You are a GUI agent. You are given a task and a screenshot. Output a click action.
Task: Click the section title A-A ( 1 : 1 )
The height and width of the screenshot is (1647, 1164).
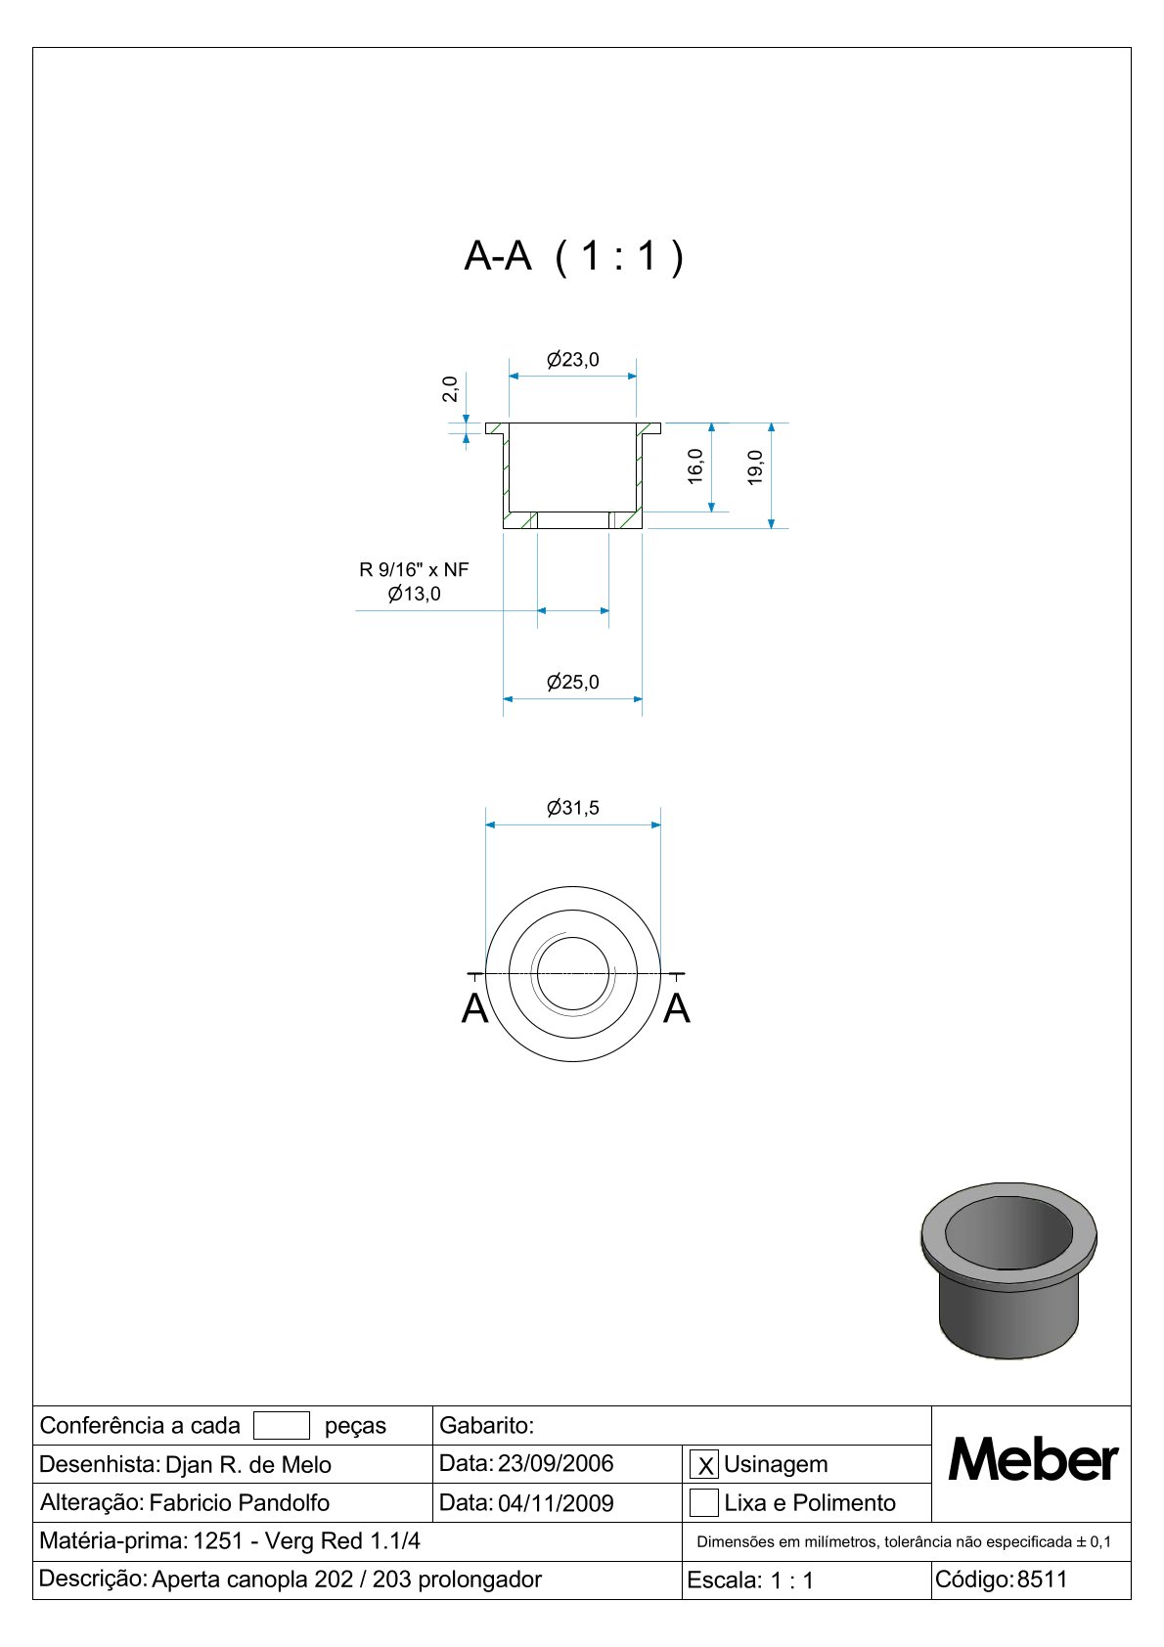573,256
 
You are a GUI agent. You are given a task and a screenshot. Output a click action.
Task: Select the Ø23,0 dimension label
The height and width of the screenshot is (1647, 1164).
573,360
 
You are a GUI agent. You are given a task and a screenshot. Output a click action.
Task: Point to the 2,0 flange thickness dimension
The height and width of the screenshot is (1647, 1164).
450,389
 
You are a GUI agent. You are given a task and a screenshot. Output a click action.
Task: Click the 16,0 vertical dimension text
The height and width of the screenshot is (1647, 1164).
694,467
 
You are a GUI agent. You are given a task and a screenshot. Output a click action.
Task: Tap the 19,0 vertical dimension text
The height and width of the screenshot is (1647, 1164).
755,467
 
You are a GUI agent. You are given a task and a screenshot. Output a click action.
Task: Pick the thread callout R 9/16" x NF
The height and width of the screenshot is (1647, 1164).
414,569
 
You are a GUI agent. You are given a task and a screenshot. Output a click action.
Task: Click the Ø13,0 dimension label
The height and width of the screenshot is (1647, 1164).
414,594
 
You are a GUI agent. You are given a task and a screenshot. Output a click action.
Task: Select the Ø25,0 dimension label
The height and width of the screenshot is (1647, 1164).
573,682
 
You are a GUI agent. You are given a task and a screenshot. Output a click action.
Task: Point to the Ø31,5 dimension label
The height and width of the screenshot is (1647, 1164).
573,807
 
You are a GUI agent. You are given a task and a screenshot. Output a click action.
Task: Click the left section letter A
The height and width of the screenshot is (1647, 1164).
475,1008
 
